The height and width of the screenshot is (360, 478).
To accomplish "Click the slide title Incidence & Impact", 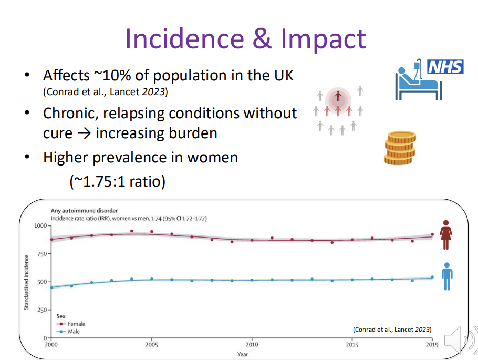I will [x=245, y=38].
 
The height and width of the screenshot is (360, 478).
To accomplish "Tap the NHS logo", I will [x=445, y=67].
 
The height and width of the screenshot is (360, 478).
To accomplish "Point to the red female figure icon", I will [x=446, y=234].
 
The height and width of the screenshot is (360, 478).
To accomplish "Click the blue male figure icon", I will [x=446, y=276].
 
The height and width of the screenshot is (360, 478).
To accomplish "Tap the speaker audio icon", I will [x=460, y=341].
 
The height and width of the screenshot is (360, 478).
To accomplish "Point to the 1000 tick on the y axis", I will [x=40, y=225].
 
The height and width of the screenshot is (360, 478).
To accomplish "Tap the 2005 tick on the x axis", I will [x=152, y=345].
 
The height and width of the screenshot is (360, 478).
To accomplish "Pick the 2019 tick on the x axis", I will [x=432, y=345].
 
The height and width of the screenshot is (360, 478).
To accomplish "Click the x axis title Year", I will [x=243, y=354].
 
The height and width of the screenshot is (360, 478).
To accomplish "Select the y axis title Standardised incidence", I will [x=26, y=282].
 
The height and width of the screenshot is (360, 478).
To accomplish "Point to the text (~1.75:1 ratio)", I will [x=117, y=182].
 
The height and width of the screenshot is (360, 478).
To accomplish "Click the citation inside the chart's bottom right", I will [x=392, y=329].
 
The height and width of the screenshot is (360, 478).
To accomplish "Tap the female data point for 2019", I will [x=432, y=234].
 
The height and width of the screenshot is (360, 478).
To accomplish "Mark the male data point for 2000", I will [x=51, y=287].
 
